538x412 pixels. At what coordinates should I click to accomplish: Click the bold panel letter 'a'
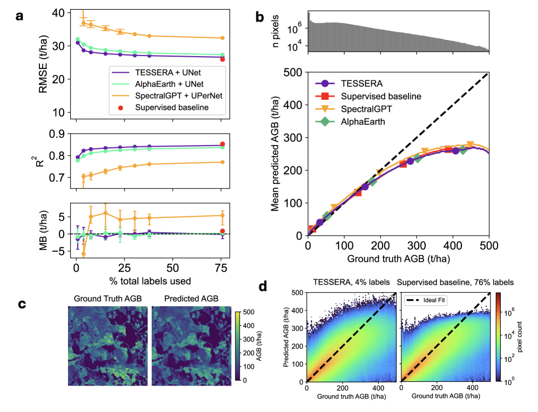(19, 16)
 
